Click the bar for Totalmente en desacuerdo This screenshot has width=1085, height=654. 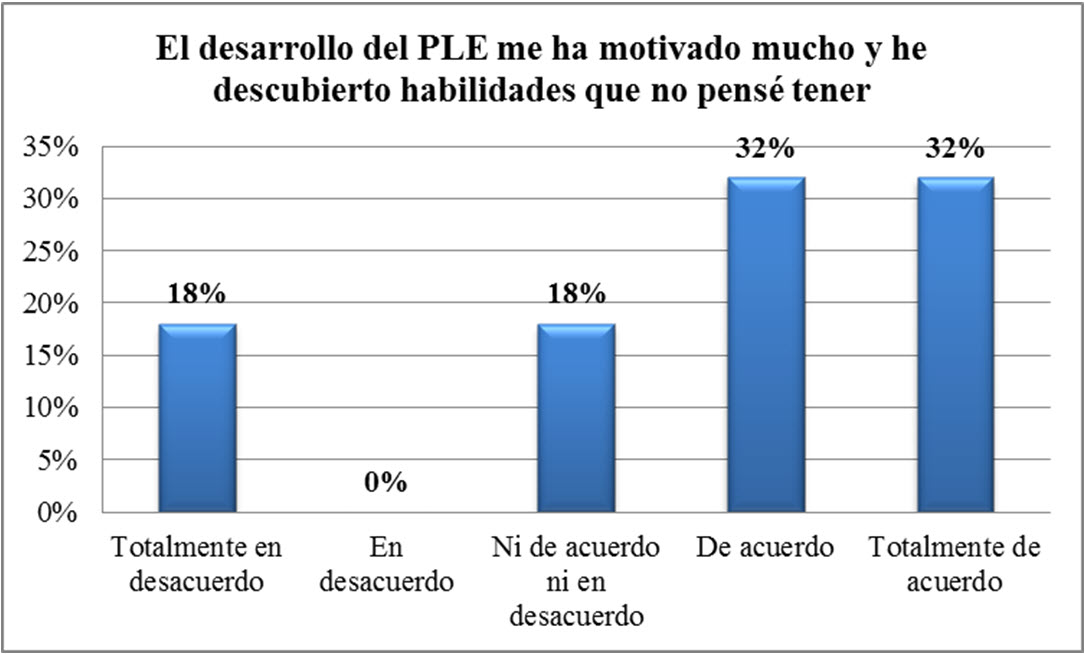pos(198,417)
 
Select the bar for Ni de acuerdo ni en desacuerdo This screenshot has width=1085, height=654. pos(576,417)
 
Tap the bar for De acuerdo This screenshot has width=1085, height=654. pos(766,344)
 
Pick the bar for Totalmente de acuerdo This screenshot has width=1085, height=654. pos(955,344)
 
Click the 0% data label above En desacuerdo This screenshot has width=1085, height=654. pos(386,483)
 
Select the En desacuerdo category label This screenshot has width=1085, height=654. pos(386,565)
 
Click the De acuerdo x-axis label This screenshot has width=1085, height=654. pos(765,549)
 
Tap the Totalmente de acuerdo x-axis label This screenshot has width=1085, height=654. pos(954,565)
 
